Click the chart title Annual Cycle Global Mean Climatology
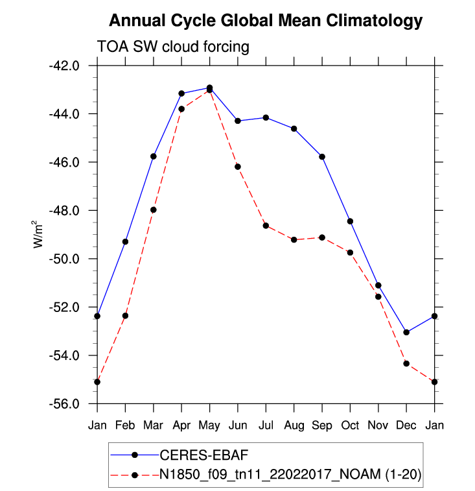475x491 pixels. (266, 20)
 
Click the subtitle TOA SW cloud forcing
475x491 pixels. (173, 47)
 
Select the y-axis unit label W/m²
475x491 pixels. (40, 234)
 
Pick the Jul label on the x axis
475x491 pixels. (266, 425)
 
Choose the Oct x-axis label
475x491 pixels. (350, 425)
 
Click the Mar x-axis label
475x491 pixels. (154, 425)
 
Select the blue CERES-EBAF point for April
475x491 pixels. (181, 93)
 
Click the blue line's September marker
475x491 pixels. (322, 157)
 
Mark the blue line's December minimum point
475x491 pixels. (406, 332)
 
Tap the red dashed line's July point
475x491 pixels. (266, 225)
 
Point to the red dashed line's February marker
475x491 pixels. (125, 316)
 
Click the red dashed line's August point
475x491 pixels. (294, 240)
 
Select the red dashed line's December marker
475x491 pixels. (406, 364)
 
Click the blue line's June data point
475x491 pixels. (238, 121)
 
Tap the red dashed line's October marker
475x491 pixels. (350, 252)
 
